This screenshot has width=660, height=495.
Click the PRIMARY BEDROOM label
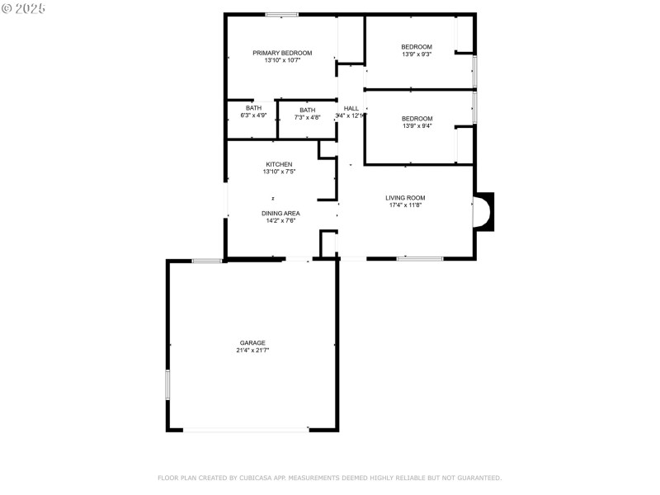pos(282,53)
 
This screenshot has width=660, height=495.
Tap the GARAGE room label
pos(252,342)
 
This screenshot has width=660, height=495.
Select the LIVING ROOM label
pos(405,197)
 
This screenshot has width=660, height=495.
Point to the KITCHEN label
pos(279,164)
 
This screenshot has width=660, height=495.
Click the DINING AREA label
pos(280,213)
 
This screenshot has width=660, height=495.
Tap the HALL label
pos(351,108)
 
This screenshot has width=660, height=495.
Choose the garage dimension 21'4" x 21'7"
pos(252,351)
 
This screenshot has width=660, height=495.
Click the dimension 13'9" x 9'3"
pos(417,54)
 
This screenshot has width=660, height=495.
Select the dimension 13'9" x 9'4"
pos(417,126)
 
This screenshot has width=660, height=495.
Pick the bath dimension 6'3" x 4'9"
pos(253,115)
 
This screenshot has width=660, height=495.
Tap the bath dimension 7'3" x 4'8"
pos(307,118)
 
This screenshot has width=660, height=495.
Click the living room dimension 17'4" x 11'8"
pos(405,205)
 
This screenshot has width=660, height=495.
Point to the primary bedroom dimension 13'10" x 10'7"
pos(282,60)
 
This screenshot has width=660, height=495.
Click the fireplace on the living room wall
pos(483,212)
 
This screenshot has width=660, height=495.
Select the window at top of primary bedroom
pos(282,14)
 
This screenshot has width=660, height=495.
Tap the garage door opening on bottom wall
pos(246,429)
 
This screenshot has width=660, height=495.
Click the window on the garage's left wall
pos(167,384)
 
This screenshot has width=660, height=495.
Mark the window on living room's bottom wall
pos(419,259)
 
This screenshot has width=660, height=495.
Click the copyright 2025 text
pos(24,7)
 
